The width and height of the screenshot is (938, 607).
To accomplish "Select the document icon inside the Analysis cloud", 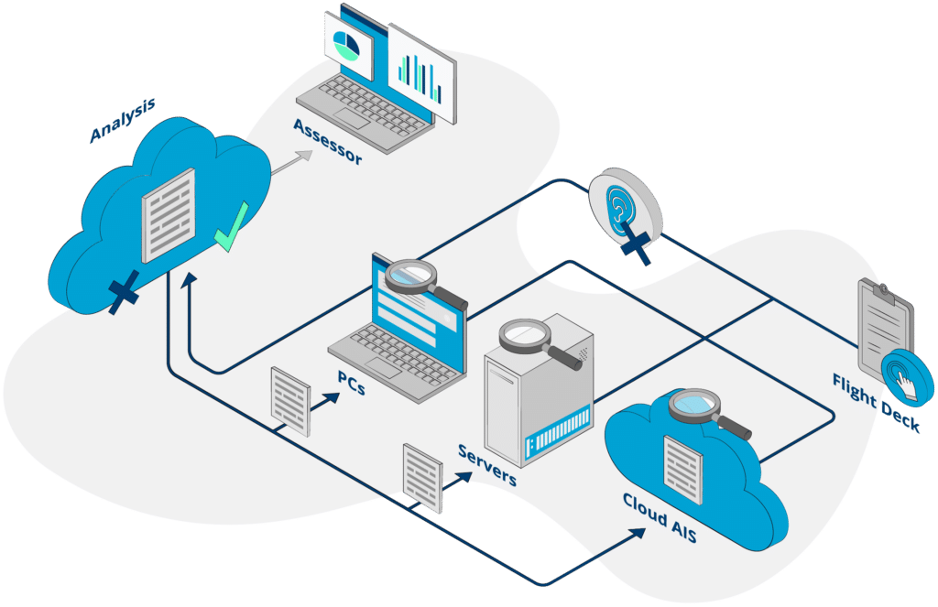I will (169, 216).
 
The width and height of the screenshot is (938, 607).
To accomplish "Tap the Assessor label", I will (328, 143).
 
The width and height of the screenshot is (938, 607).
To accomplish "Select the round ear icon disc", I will (625, 207).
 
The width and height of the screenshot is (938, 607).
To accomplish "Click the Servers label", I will (488, 465).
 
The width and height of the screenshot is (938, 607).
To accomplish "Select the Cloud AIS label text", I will (660, 518).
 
